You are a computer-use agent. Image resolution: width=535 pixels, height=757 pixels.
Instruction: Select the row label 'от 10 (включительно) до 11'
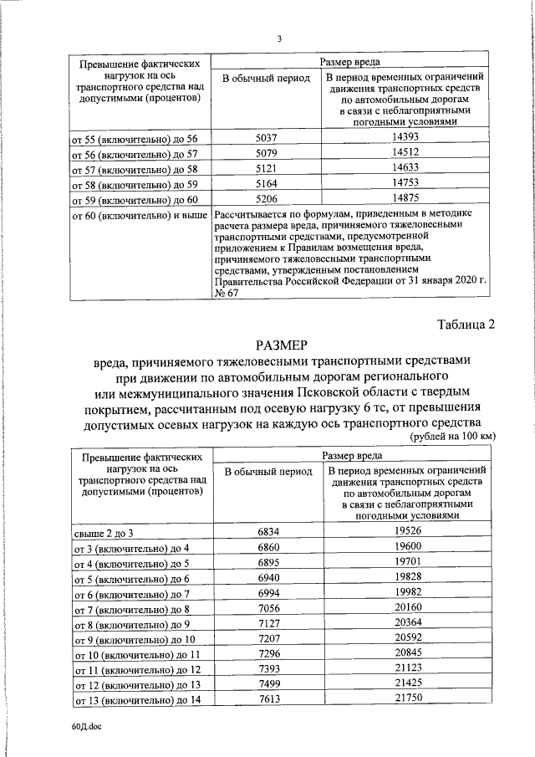coord(138,655)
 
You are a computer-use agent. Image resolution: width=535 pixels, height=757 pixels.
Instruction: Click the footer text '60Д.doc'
coord(84,729)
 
